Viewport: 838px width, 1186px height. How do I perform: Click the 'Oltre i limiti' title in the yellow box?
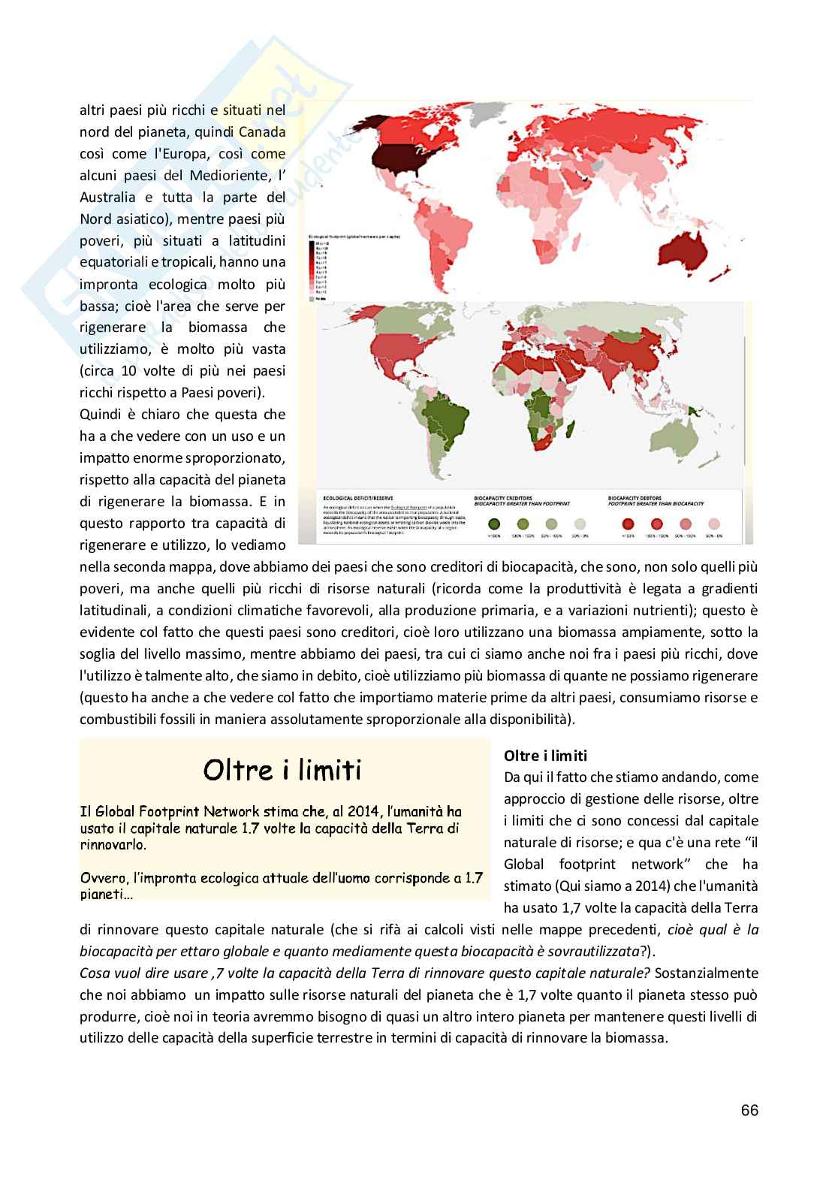[283, 769]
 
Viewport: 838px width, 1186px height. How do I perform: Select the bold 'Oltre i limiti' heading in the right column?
[546, 756]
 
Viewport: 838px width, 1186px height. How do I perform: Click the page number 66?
[749, 1111]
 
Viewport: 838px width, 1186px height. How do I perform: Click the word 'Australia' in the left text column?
[108, 198]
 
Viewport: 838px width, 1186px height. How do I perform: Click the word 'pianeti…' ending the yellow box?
[106, 895]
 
